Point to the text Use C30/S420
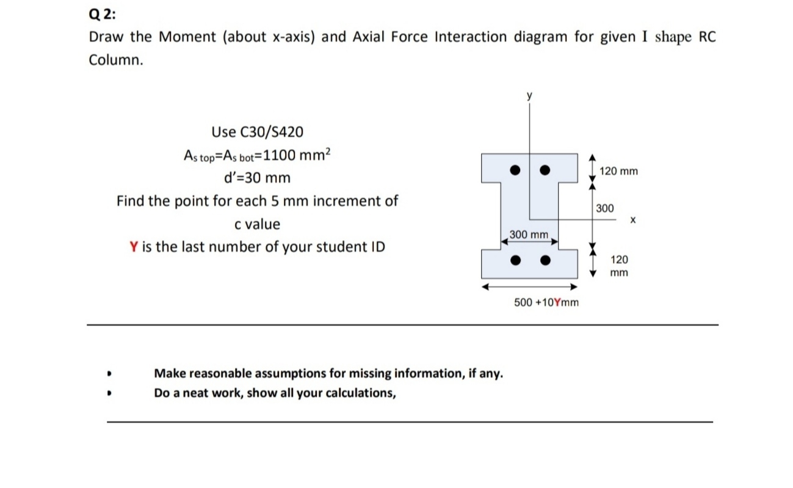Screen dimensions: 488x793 pos(256,132)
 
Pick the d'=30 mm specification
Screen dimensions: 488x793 pos(256,178)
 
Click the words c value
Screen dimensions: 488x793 pos(257,225)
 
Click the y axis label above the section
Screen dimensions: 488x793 pos(530,95)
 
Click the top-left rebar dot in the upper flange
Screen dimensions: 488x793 pos(516,169)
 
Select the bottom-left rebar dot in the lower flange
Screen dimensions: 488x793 pos(516,261)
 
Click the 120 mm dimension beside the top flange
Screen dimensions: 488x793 pos(618,171)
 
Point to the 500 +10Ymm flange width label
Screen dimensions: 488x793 pos(546,302)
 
